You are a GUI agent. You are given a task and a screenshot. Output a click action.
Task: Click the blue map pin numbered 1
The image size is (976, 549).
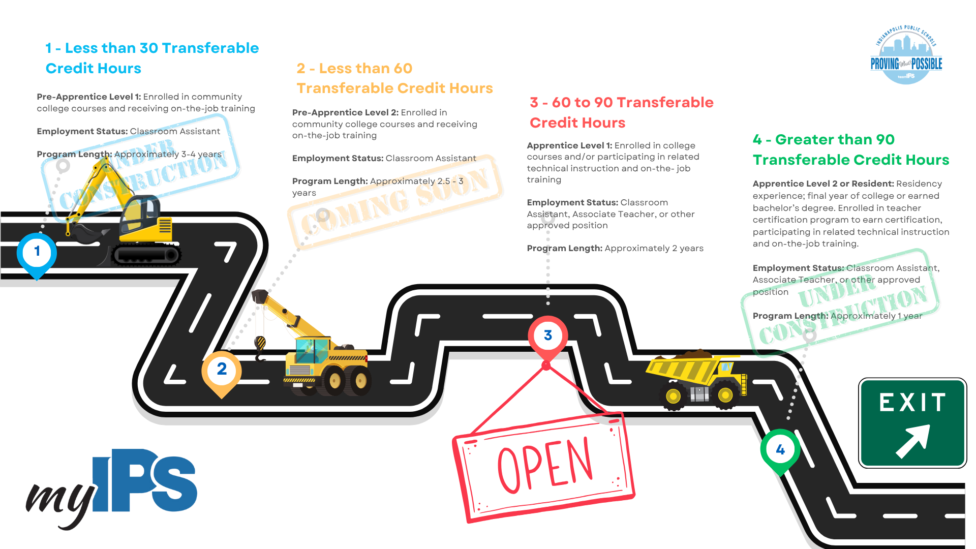pyautogui.click(x=37, y=252)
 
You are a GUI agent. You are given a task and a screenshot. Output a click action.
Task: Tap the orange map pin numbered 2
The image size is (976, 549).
pyautogui.click(x=222, y=370)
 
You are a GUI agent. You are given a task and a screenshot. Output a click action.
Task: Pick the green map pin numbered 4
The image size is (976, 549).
pyautogui.click(x=780, y=450)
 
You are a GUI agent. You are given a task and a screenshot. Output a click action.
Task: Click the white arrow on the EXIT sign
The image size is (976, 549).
pyautogui.click(x=913, y=441)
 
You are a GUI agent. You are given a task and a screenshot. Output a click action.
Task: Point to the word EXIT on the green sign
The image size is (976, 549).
pyautogui.click(x=912, y=403)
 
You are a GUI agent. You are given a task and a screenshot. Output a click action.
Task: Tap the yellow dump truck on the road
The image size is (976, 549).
pyautogui.click(x=696, y=379)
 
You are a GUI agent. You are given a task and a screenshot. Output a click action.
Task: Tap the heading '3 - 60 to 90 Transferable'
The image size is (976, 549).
pyautogui.click(x=621, y=103)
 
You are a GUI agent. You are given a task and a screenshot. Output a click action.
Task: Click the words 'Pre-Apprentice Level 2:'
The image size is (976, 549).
pyautogui.click(x=345, y=113)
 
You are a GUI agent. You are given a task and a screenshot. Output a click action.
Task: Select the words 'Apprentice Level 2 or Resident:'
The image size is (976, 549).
pyautogui.click(x=823, y=184)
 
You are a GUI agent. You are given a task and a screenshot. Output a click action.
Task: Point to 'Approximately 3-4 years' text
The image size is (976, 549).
pyautogui.click(x=168, y=155)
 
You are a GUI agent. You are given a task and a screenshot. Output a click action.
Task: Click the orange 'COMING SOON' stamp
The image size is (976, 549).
pyautogui.click(x=395, y=203)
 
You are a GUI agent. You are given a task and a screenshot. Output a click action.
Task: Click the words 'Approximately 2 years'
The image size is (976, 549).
pyautogui.click(x=654, y=249)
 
